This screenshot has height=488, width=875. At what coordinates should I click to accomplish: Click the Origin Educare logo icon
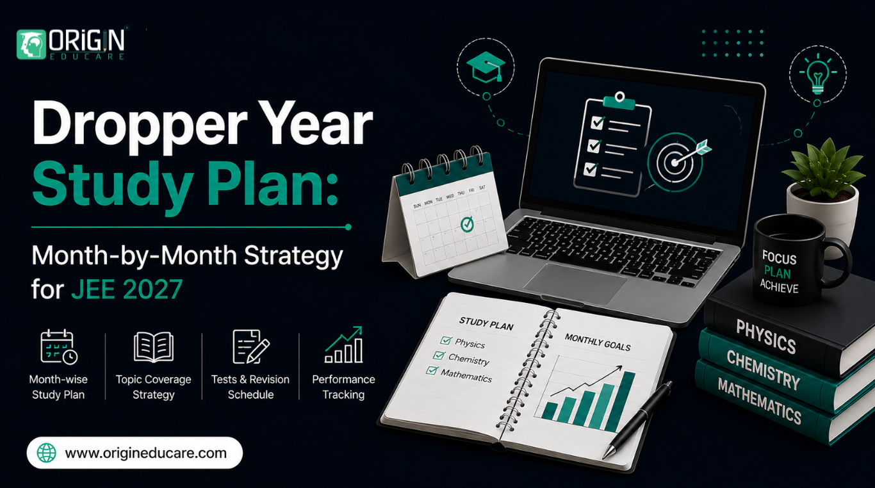(31, 44)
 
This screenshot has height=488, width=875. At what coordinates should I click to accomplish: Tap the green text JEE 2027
(127, 289)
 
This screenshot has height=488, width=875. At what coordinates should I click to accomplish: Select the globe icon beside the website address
(47, 453)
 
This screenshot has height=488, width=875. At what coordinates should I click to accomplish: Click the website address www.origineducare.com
(145, 453)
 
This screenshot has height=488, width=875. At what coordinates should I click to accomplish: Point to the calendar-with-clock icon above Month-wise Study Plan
(59, 346)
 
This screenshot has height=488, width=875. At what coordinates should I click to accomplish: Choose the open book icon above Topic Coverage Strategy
(154, 347)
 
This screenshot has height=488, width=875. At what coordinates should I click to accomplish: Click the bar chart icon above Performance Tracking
(344, 345)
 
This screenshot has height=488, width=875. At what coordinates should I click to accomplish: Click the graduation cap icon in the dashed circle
(486, 67)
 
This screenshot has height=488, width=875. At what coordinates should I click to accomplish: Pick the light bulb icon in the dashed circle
(818, 75)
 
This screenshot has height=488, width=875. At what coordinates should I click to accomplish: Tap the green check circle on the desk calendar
(467, 224)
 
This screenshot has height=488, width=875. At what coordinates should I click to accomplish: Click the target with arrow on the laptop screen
(679, 161)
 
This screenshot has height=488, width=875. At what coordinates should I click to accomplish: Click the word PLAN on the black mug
(778, 273)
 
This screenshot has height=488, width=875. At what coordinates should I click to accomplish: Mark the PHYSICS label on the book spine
(766, 337)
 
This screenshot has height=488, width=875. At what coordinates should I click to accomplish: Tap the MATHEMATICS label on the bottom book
(760, 402)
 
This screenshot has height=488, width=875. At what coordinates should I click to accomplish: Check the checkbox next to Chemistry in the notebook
(439, 355)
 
